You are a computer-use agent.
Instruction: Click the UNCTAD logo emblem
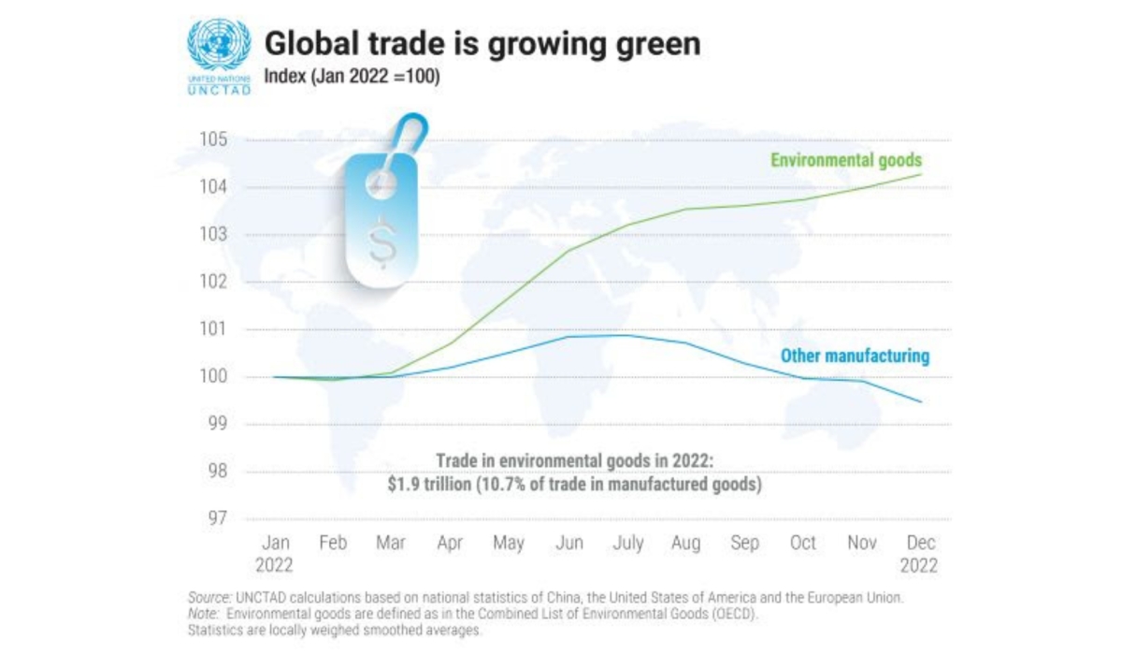click(219, 46)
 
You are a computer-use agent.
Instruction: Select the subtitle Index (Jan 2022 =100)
click(352, 76)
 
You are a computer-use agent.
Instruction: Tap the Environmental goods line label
click(845, 160)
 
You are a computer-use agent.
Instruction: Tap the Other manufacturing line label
click(855, 356)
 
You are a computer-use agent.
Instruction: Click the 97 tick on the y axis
click(215, 518)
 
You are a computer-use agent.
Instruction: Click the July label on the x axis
click(626, 543)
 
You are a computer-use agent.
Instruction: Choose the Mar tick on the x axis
click(391, 543)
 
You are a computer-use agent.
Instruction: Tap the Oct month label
click(802, 543)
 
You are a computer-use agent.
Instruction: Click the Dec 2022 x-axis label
click(920, 554)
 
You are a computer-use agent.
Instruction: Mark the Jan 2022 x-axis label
click(275, 554)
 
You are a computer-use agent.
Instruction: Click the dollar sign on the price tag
click(381, 240)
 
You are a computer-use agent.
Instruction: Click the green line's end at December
click(921, 174)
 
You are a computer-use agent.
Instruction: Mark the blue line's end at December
click(921, 402)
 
